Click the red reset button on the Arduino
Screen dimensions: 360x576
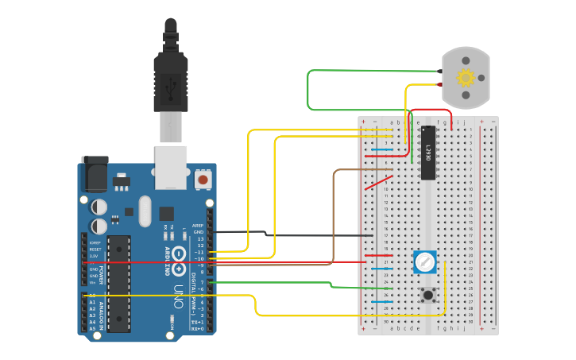(x=203, y=180)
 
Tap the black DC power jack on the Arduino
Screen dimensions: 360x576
(x=95, y=174)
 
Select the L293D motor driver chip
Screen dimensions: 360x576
(x=427, y=153)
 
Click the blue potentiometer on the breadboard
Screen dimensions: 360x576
(x=425, y=261)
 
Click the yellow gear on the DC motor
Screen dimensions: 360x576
(x=466, y=78)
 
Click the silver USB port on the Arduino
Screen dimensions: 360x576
(x=171, y=167)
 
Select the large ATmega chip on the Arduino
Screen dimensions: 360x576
(x=118, y=283)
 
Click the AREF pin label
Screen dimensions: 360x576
(x=199, y=226)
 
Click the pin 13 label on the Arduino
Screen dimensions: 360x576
(x=200, y=238)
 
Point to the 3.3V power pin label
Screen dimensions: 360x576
(x=95, y=256)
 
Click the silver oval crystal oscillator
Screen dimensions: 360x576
(x=144, y=211)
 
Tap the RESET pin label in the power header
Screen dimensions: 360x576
(x=95, y=250)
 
